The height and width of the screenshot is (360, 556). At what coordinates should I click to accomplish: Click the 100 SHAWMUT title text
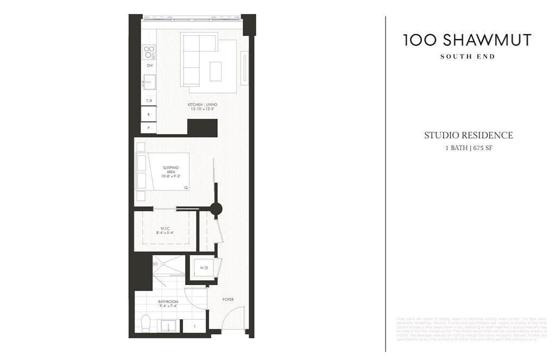[x=467, y=40]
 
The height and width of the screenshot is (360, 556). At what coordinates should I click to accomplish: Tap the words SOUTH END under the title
[x=467, y=56]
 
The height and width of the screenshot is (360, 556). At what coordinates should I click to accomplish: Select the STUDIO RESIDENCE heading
[x=468, y=136]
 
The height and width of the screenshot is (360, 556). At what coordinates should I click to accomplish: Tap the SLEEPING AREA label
[x=170, y=172]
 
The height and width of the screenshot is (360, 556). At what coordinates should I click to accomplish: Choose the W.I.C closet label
[x=165, y=228]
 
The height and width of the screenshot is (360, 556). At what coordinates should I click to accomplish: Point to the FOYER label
[x=228, y=299]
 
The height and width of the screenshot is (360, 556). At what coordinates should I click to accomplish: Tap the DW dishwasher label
[x=149, y=66]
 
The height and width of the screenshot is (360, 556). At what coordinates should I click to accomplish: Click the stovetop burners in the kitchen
[x=149, y=52]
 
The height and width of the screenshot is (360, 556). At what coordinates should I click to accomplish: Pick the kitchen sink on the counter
[x=149, y=83]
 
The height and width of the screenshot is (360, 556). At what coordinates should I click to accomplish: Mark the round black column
[x=216, y=209]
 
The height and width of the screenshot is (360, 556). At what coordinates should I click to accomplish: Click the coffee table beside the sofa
[x=216, y=71]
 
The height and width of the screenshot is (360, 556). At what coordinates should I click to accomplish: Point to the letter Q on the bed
[x=186, y=187]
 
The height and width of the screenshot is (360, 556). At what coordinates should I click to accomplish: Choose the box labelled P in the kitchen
[x=148, y=128]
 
